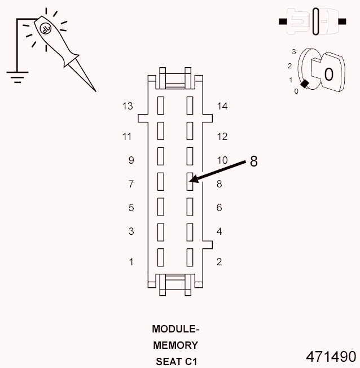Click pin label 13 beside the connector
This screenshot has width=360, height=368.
point(127,106)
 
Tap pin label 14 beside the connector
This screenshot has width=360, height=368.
point(222,106)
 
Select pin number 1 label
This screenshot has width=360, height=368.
point(131,261)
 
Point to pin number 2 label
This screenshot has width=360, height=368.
point(219,261)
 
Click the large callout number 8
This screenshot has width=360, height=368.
point(253,161)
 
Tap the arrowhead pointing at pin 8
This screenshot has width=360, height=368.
point(193,181)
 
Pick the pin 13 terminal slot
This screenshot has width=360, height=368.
point(160,105)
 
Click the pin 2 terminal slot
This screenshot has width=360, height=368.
point(190,257)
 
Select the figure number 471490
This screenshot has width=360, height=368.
point(331,357)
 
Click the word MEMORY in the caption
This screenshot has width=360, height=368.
point(175,345)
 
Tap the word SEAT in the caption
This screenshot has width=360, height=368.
point(168,361)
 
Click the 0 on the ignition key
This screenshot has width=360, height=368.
point(328,74)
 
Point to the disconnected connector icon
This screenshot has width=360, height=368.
point(312,22)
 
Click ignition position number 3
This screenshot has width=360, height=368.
point(294,52)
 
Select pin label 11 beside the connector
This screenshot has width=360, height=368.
point(127,137)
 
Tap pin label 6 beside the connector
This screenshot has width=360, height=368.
point(219,208)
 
